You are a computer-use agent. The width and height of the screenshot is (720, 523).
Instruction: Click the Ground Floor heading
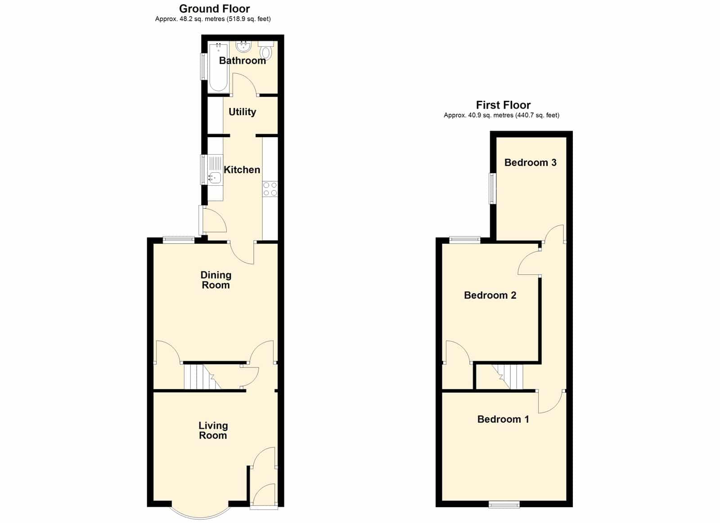214,9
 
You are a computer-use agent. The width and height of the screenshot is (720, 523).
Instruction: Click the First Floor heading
503,105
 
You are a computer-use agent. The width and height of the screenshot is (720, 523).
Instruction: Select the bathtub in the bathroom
219,67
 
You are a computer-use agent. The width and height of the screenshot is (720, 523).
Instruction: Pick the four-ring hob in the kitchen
270,189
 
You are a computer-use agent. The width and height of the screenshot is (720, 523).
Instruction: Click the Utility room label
243,112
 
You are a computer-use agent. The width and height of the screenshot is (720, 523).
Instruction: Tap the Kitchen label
242,170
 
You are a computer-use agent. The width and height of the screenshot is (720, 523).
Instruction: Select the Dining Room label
216,280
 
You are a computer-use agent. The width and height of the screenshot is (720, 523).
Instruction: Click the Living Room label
213,430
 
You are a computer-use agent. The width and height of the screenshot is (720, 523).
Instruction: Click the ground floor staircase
202,376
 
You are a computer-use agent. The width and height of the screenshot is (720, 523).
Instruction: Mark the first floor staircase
507,376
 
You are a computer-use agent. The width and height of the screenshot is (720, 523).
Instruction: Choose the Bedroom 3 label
531,162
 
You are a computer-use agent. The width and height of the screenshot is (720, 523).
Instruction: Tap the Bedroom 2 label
490,295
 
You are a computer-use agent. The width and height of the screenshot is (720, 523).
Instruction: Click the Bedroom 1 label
503,419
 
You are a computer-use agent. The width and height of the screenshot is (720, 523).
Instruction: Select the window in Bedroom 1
504,505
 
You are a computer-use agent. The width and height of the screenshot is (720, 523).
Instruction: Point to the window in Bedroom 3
492,188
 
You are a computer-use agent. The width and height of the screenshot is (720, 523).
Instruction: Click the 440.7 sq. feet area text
537,115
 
